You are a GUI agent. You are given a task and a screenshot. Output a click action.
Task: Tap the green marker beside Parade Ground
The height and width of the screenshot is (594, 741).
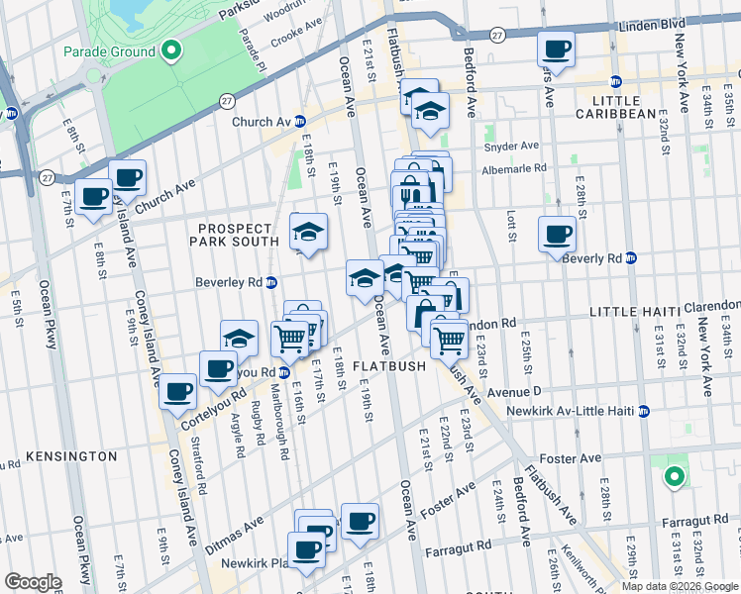170,49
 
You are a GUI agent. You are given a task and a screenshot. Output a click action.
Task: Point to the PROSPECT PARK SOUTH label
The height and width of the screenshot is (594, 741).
235,236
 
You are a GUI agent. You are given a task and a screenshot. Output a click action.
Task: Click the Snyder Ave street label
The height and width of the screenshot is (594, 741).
511,147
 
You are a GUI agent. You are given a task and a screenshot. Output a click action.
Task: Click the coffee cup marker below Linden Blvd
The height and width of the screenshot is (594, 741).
555,49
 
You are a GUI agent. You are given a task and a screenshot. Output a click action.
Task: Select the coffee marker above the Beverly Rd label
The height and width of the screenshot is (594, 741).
557,235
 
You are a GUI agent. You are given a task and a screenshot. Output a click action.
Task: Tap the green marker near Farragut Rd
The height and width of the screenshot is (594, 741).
674,478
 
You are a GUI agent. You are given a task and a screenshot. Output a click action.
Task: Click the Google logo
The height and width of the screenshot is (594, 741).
33,582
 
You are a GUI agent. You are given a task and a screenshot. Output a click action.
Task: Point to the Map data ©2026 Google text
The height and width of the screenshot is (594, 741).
679,586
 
